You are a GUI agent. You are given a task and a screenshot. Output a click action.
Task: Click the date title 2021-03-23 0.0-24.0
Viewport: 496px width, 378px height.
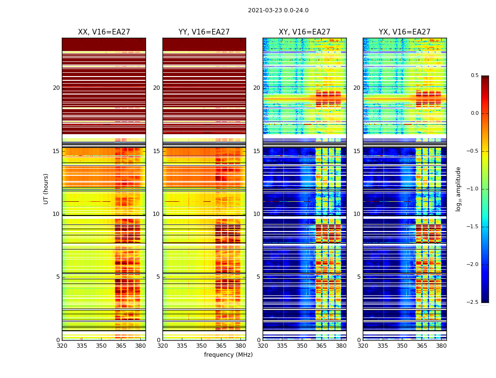tap(278, 10)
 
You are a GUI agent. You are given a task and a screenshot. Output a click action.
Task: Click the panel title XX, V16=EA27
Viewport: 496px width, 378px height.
tap(104, 32)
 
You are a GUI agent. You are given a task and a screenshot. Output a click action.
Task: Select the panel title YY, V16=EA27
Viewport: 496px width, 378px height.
tap(204, 32)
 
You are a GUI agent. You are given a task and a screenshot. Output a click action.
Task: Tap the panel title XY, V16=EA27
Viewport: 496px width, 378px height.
tap(304, 32)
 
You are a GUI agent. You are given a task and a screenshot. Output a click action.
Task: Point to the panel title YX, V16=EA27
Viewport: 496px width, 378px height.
tap(404, 32)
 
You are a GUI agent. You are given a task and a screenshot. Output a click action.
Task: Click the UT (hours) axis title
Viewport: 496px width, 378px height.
tap(46, 189)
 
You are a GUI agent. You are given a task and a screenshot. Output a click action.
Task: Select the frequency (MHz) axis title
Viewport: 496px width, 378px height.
tap(228, 355)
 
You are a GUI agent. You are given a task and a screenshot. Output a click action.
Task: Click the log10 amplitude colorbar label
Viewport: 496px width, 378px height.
tap(458, 189)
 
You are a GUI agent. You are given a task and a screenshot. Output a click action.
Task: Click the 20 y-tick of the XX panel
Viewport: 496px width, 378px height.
tap(56, 88)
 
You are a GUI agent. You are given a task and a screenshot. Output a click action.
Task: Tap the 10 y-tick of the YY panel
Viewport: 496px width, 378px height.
tap(156, 214)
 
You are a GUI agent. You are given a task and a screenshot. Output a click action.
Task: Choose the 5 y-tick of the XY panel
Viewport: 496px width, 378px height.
tap(258, 277)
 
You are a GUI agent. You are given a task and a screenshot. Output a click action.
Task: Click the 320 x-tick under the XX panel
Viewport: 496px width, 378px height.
tap(62, 346)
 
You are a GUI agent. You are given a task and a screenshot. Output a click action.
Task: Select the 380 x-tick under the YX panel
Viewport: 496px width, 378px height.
tap(441, 346)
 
